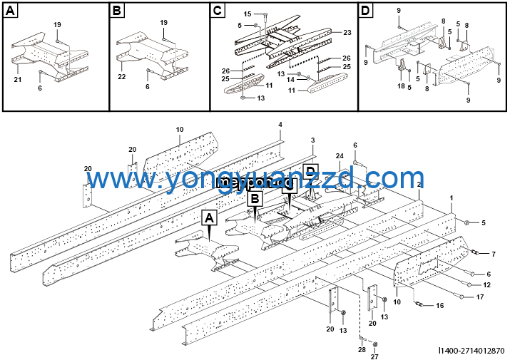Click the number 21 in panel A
coord(17,80)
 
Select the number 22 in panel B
coord(122,76)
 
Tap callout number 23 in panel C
coord(347,33)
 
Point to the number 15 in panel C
coord(248,14)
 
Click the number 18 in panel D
coord(401,86)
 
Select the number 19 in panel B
coord(163,23)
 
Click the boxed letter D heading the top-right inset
coord(366,11)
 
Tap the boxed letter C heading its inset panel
coord(218,11)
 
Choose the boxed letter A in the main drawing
coord(209,218)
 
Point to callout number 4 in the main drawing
coord(280,125)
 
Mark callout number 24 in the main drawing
coord(340,155)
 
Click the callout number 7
coord(493,254)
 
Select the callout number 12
coord(487,285)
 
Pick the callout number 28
coord(362,349)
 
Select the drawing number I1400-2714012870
coord(471,350)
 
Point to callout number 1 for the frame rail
coord(451,197)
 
